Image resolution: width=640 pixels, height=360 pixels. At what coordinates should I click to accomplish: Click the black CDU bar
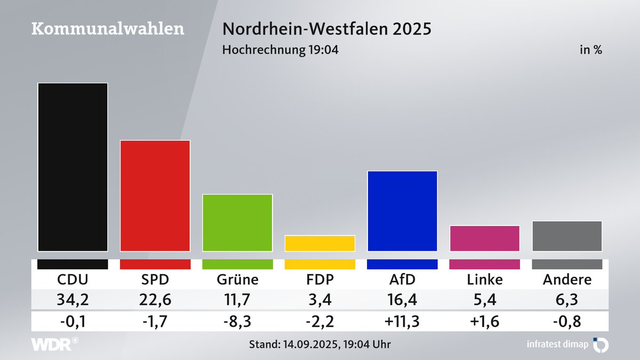(x=73, y=167)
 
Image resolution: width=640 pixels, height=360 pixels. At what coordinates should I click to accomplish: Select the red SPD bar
(x=155, y=195)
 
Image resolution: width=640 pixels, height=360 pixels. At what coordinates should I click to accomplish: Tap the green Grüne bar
(x=237, y=222)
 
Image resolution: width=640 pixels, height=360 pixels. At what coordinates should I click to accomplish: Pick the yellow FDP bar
(x=320, y=243)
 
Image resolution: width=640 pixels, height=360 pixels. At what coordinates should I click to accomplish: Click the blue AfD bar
(x=402, y=211)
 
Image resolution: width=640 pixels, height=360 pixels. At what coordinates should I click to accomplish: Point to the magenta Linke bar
(x=485, y=238)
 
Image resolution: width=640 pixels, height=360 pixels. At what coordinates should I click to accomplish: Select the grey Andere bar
(x=567, y=236)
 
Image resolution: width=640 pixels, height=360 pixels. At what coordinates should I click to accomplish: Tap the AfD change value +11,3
(x=402, y=321)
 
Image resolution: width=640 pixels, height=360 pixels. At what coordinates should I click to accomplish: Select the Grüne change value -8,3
(x=237, y=321)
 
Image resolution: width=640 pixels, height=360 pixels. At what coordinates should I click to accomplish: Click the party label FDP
(x=320, y=279)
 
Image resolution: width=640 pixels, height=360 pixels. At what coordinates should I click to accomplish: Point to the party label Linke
(x=485, y=279)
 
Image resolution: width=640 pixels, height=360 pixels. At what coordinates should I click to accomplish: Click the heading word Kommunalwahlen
(x=108, y=29)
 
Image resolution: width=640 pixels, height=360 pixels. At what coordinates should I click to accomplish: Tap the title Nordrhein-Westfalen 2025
(x=326, y=29)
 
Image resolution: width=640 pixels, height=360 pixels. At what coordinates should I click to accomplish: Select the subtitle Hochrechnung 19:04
(x=280, y=50)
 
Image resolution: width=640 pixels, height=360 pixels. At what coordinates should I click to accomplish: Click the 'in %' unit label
(x=591, y=50)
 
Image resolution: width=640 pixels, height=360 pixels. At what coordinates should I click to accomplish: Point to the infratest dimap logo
(x=565, y=345)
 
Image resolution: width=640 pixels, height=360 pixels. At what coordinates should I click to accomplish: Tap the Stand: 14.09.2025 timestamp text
(x=320, y=345)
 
